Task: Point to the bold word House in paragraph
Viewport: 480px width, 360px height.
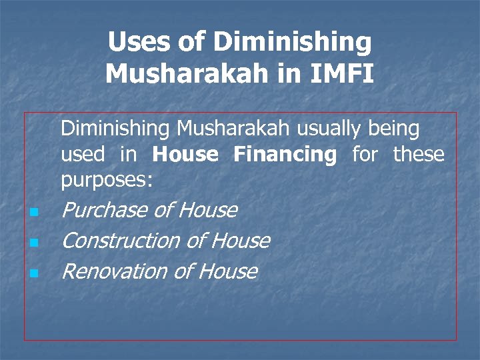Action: click(185, 155)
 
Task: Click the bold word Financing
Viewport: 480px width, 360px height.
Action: click(285, 155)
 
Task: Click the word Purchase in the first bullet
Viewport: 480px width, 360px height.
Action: click(103, 211)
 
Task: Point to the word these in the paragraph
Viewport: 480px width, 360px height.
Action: click(418, 155)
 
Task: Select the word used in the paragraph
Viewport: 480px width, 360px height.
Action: click(83, 155)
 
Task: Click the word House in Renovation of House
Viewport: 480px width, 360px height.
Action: click(227, 271)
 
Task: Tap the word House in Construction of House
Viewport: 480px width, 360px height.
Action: click(240, 241)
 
